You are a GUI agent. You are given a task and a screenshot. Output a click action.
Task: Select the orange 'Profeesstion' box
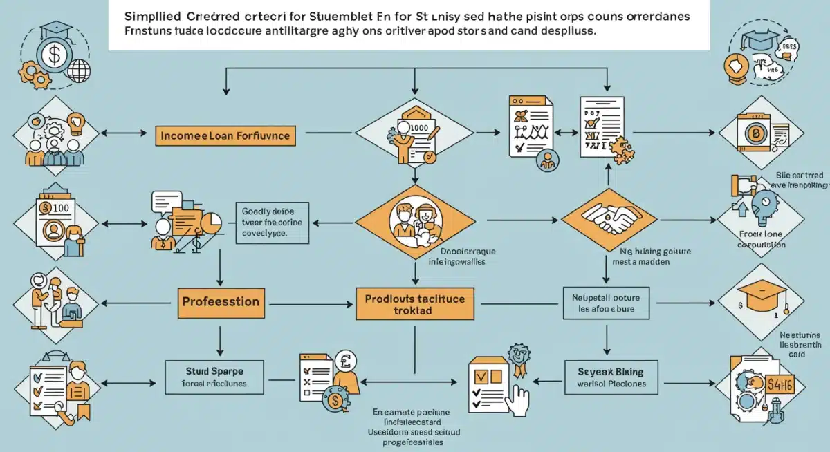(220, 302)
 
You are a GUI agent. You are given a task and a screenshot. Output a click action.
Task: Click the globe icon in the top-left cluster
(79, 70)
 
